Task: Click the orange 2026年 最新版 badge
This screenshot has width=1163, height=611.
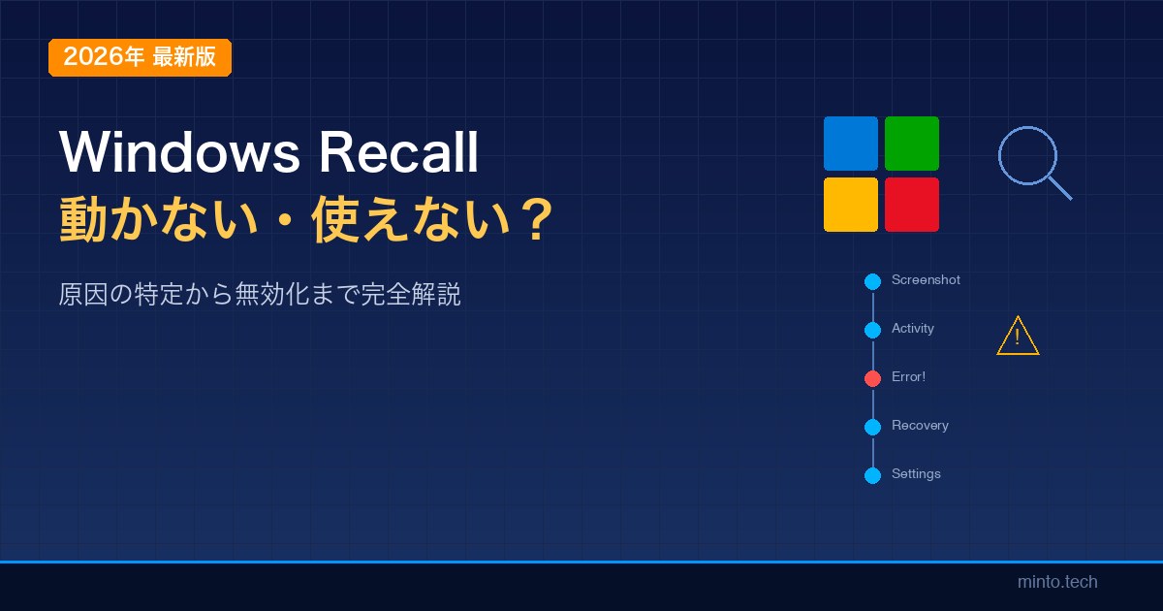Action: click(x=140, y=57)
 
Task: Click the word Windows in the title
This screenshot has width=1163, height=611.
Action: click(x=180, y=152)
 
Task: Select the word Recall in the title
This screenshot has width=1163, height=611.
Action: click(x=398, y=151)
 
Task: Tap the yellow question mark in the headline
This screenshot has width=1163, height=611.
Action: click(x=537, y=219)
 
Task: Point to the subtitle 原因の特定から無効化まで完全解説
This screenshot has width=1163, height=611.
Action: click(x=260, y=295)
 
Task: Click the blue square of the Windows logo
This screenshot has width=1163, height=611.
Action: click(x=851, y=144)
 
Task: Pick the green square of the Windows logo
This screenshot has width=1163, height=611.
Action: click(x=912, y=144)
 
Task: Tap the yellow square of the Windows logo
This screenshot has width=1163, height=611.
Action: click(x=851, y=205)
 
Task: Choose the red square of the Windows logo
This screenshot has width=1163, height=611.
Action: click(x=912, y=205)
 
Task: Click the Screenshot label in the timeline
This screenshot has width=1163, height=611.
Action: click(x=926, y=280)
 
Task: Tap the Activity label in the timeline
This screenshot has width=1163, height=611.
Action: click(x=913, y=329)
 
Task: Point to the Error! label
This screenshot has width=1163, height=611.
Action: click(x=909, y=376)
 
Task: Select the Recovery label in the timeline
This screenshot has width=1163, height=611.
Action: click(x=920, y=426)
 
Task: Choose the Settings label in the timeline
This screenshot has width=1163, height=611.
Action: click(x=916, y=474)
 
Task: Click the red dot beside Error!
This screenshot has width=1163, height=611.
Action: click(x=873, y=378)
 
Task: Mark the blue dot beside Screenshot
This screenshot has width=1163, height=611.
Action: click(x=873, y=281)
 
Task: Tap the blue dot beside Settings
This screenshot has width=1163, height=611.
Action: click(x=873, y=475)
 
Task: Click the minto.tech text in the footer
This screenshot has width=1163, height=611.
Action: click(x=1057, y=582)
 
